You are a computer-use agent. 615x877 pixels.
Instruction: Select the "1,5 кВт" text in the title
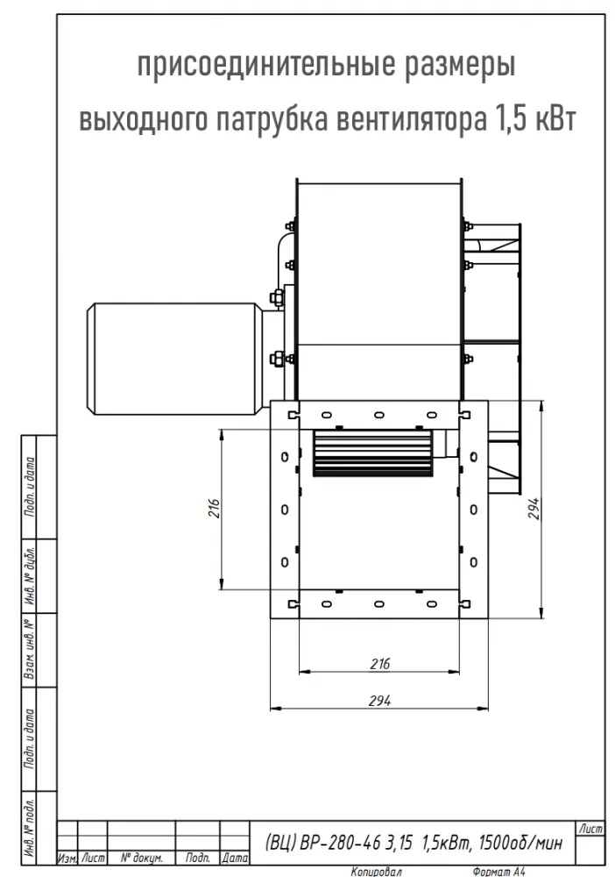point(534,119)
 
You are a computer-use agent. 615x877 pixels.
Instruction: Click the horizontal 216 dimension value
point(380,664)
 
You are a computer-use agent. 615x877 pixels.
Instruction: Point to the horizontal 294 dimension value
point(380,700)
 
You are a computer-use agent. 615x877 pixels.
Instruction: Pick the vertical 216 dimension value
point(215,509)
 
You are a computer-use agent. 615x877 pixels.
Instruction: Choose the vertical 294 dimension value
point(534,509)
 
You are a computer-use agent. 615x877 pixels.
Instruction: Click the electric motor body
point(174,359)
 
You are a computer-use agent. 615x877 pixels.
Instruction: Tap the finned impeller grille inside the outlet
point(373,453)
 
